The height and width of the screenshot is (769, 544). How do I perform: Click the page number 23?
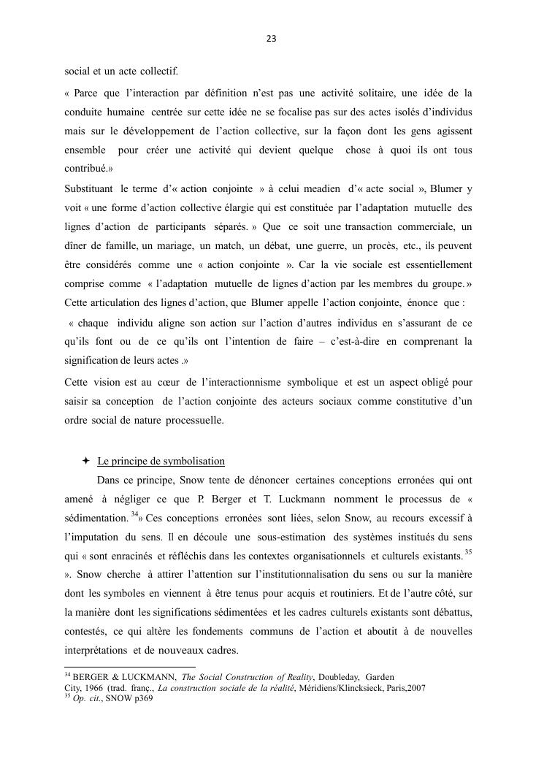tap(272, 39)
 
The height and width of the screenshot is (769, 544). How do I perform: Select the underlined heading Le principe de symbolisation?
tap(161, 462)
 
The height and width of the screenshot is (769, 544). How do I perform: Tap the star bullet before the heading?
tap(85, 461)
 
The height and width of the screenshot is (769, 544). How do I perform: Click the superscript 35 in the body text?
tap(468, 551)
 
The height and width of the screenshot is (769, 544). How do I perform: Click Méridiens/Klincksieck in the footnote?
tap(350, 688)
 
